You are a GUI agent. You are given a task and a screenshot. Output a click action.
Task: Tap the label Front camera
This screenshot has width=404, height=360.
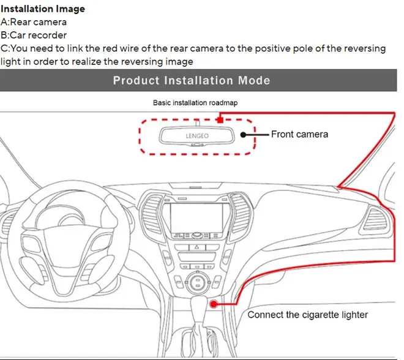coord(299,134)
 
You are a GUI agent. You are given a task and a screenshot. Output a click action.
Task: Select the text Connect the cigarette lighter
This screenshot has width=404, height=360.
coord(308,315)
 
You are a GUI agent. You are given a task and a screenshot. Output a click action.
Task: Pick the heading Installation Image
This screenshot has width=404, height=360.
coord(43,9)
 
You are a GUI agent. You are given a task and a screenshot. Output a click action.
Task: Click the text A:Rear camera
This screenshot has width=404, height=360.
coord(34,22)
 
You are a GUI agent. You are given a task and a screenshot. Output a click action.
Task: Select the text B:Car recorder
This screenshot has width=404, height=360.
coord(34,35)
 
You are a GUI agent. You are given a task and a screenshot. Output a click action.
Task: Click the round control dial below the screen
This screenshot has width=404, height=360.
coord(197,281)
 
